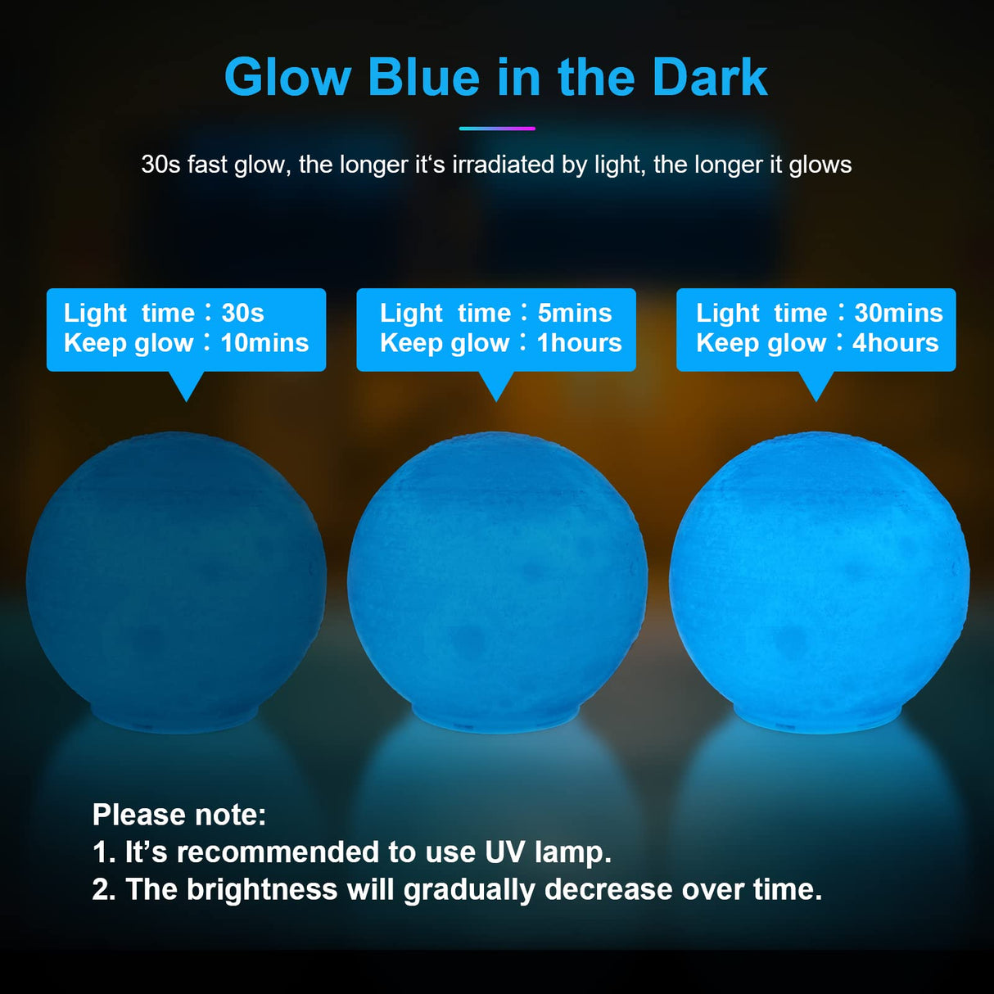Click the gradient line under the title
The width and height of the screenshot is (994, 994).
(497, 129)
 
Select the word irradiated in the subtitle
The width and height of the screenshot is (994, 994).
(503, 165)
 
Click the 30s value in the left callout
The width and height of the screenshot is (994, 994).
(242, 313)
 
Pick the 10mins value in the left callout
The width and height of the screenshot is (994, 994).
(264, 343)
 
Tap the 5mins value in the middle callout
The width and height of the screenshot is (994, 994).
(575, 313)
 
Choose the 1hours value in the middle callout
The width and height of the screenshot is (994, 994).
(580, 343)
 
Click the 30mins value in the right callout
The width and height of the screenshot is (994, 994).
(898, 313)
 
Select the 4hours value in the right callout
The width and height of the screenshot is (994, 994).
(896, 343)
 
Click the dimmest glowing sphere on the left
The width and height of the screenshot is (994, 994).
(176, 573)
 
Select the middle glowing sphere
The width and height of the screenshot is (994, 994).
(497, 573)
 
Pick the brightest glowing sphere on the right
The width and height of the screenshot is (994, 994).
(819, 573)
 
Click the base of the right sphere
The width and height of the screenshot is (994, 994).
(817, 719)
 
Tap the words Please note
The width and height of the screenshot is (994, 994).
(179, 815)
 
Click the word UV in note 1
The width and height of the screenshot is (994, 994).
(504, 852)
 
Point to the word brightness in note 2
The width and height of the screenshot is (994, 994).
(262, 890)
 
